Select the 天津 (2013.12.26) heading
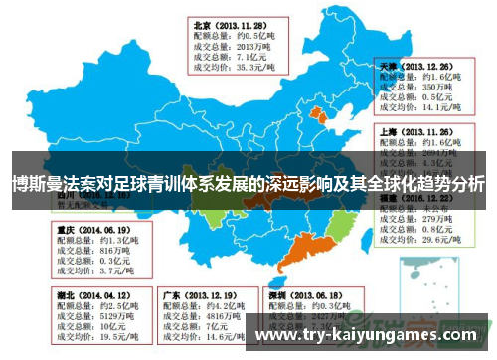417,63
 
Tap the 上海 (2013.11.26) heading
417,131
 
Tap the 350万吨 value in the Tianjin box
437,87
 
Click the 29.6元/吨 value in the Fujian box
439,240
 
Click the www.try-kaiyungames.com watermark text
373,337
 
